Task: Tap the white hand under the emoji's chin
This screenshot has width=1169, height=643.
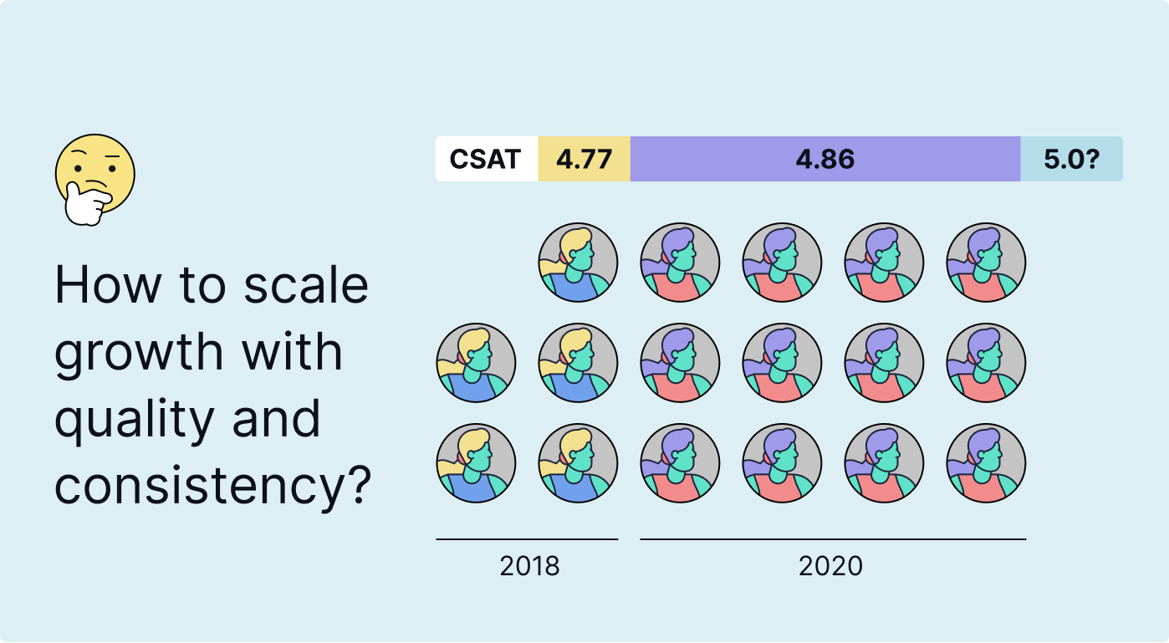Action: (86, 205)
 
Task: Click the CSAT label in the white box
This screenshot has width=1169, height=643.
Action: (485, 159)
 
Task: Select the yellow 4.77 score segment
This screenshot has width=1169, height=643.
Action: (584, 159)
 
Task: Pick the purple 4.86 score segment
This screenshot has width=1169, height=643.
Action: (824, 159)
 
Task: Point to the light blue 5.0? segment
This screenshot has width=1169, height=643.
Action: (1071, 159)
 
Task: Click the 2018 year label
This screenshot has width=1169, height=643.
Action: (529, 566)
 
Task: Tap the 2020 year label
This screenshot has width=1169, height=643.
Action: (830, 566)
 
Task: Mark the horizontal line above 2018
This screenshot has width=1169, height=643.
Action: (527, 539)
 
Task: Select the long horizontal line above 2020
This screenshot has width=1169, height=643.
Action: (833, 539)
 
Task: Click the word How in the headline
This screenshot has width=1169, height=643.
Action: (107, 285)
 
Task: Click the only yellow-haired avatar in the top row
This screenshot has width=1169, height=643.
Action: (578, 262)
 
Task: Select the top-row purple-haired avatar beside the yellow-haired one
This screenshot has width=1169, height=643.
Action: (680, 262)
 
